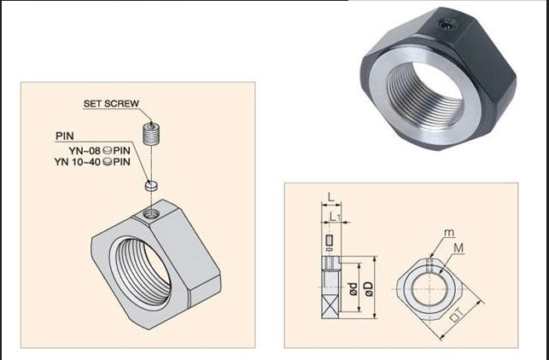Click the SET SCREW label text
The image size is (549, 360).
(111, 103)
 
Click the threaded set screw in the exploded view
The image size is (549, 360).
(151, 134)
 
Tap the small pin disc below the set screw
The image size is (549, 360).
(151, 185)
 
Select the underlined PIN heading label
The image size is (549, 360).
(65, 136)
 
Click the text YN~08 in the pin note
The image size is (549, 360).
(85, 151)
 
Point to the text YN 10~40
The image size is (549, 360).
(78, 162)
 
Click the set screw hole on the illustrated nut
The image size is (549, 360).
(151, 213)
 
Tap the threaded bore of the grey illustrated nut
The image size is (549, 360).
(143, 272)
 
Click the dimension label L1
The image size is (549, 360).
(335, 217)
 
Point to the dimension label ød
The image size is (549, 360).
(353, 288)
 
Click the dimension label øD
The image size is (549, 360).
(369, 289)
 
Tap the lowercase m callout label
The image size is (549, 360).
(449, 233)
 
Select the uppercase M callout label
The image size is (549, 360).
(458, 248)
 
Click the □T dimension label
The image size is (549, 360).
(457, 315)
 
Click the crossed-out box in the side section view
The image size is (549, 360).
(330, 306)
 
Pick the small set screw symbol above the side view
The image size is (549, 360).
(329, 241)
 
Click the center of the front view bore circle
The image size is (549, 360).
(429, 289)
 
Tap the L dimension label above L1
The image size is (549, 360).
(331, 198)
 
